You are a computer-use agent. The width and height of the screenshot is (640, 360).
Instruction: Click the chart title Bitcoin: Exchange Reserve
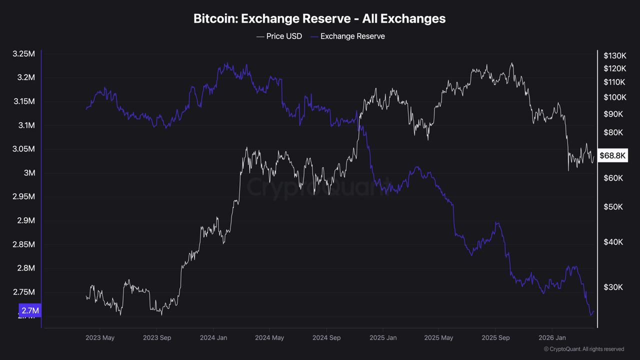(x=319, y=18)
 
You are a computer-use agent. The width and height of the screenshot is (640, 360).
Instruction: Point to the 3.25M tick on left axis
(x=23, y=53)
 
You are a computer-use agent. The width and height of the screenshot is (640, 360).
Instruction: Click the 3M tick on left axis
(x=29, y=173)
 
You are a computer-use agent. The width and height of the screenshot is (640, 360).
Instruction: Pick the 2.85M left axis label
(x=23, y=244)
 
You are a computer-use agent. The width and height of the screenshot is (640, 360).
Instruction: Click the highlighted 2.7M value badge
(x=30, y=310)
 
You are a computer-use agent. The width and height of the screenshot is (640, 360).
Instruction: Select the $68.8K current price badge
(x=612, y=155)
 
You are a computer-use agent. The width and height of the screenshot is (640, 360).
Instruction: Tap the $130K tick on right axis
(x=614, y=55)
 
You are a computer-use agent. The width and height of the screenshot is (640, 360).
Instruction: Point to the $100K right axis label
(x=614, y=97)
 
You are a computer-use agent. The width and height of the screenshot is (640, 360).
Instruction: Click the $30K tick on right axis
(x=613, y=287)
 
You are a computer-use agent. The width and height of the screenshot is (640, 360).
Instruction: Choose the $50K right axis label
(x=613, y=206)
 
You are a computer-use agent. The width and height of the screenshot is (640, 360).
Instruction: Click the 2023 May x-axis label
(x=100, y=337)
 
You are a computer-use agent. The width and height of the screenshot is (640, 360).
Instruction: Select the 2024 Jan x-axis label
(x=213, y=337)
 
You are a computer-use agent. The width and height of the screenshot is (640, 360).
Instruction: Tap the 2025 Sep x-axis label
(x=495, y=337)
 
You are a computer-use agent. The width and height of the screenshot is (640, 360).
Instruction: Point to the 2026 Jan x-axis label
(x=552, y=337)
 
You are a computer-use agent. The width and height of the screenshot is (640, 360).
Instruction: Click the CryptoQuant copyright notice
(x=583, y=349)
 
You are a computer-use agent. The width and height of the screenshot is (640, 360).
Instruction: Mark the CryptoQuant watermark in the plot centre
(x=317, y=188)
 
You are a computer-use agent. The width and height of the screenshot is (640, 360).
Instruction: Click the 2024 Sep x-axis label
(x=326, y=337)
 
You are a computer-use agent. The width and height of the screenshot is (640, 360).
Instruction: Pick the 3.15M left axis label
(x=23, y=101)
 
